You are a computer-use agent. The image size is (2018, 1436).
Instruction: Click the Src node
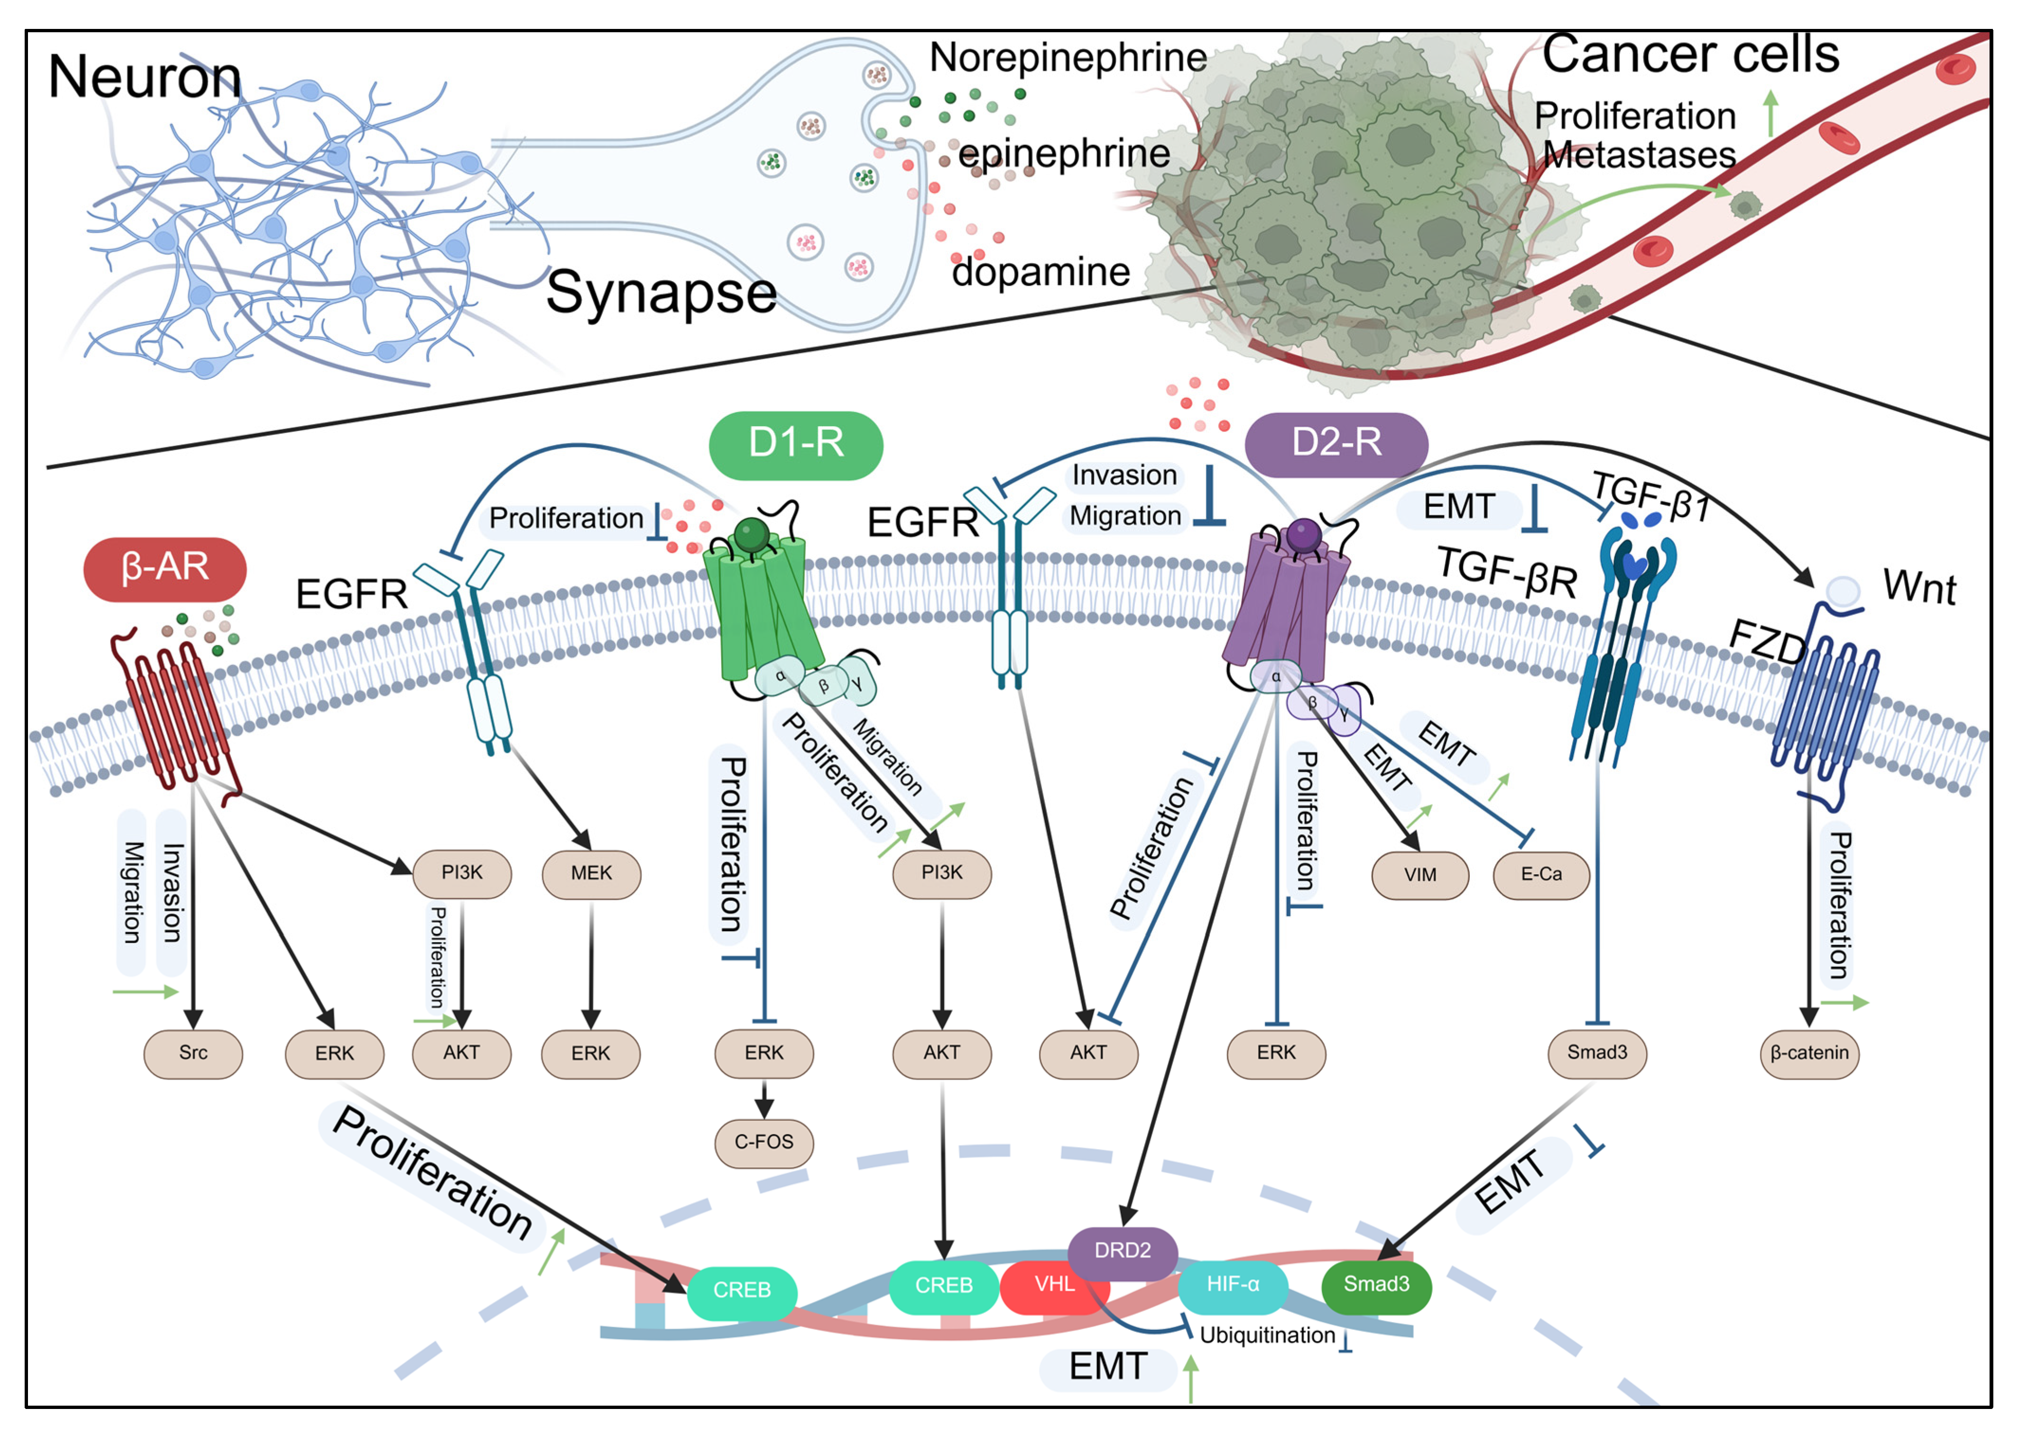pos(193,1053)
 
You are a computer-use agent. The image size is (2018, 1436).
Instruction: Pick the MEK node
pos(591,874)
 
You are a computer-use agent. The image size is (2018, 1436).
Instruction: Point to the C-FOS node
pos(764,1143)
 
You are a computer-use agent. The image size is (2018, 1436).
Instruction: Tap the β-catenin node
pos(1809,1053)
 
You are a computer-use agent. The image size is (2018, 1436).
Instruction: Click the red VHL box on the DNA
pos(1054,1285)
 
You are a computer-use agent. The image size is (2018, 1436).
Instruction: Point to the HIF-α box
pos(1233,1285)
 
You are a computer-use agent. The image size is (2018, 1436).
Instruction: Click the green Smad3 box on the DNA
pos(1376,1285)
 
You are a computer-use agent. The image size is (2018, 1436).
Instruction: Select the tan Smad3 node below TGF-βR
pos(1597,1053)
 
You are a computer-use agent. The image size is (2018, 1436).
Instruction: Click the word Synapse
pos(661,293)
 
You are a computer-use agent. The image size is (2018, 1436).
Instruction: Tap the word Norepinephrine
pos(1068,58)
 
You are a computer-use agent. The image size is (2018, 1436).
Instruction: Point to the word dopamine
pos(1041,272)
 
